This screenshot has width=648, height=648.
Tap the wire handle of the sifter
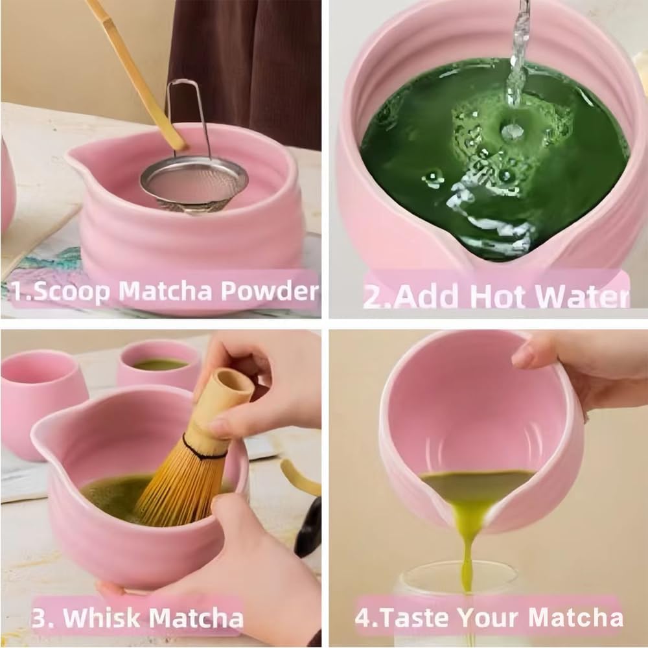(188, 110)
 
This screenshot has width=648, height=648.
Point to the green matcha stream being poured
(467, 538)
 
